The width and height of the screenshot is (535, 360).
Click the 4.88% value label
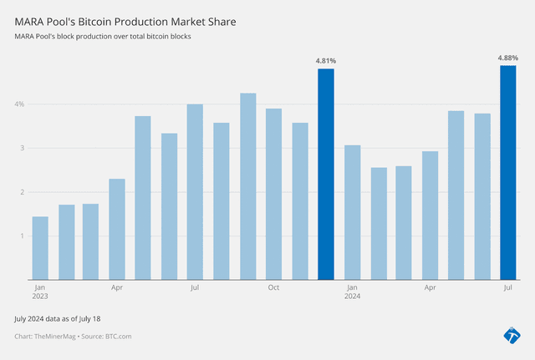tap(507, 58)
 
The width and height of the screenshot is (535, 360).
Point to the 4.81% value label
tap(326, 60)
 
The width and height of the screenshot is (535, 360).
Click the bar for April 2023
tap(117, 229)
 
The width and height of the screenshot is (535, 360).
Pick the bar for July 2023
tap(195, 192)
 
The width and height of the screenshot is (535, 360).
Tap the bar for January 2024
tap(352, 212)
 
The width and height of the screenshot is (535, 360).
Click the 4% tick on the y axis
tap(18, 104)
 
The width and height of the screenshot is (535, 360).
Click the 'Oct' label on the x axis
tap(273, 288)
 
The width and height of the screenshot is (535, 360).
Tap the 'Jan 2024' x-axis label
tap(352, 292)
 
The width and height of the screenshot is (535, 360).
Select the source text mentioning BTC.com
tap(74, 336)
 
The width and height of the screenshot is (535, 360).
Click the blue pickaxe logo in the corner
tap(511, 334)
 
